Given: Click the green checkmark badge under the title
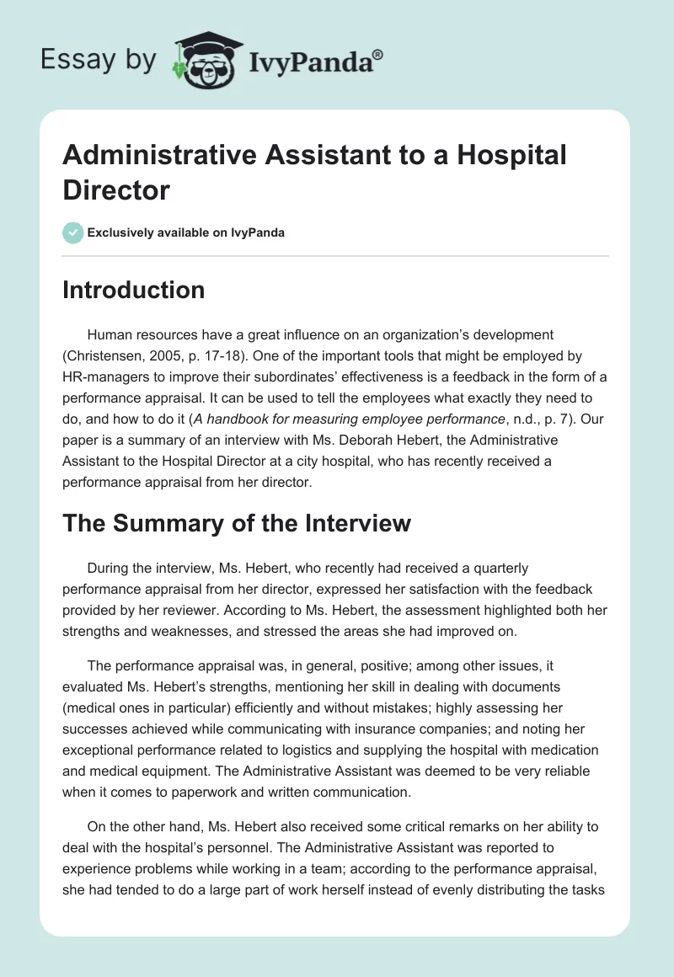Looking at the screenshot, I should click(73, 232).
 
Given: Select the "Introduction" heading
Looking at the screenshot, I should click(134, 290).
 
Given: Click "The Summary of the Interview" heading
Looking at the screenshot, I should click(237, 523).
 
